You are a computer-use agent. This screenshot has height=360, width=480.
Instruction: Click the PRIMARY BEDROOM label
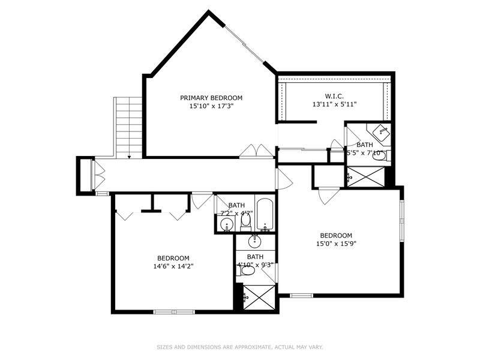tap(211, 98)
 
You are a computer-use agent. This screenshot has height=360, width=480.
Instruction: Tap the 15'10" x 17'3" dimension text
tap(211, 106)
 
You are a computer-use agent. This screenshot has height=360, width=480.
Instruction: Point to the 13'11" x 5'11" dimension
tap(335, 104)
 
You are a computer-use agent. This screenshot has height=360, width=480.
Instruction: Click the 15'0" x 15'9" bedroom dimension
tap(336, 244)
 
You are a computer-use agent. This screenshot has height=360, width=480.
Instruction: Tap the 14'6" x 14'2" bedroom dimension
tap(173, 266)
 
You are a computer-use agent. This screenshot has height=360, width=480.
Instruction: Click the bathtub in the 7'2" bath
tap(265, 214)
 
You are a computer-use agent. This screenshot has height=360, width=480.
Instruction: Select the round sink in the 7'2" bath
tap(227, 224)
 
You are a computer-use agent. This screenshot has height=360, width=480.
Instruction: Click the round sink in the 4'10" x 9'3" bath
tap(254, 241)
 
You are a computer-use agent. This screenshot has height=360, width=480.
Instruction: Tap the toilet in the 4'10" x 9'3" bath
tap(247, 271)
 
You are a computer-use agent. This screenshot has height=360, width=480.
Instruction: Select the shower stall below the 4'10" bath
tap(260, 297)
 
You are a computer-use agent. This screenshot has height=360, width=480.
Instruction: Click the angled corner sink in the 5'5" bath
tap(382, 133)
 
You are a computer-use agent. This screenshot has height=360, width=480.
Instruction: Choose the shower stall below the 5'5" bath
tap(366, 176)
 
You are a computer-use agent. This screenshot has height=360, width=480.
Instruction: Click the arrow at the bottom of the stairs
tap(129, 157)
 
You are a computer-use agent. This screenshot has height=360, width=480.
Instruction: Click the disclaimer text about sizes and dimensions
tap(240, 347)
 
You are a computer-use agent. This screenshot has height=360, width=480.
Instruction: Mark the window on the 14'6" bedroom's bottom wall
tap(174, 312)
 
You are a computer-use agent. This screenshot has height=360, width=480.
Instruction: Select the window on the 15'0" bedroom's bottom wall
tap(302, 295)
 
